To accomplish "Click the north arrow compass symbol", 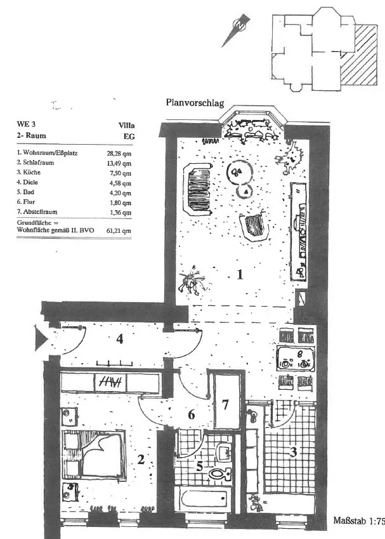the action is point(237,30).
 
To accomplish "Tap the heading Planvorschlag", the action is point(195,102).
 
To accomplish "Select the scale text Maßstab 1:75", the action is point(359,520).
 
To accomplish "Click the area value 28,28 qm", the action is point(119,154).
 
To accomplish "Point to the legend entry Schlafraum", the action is point(38,163).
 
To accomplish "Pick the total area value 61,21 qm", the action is point(119,230).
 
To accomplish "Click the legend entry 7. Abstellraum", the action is point(37,212).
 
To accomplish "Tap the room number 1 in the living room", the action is point(240,274).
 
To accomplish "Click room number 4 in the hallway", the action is point(119,339).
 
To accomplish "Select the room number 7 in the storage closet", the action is point(225,404).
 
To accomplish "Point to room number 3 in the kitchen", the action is point(293,451).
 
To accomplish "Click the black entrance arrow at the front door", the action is point(42,338).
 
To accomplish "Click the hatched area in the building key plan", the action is point(359,55).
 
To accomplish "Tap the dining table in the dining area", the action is point(296,359).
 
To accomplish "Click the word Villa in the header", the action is point(126,125).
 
